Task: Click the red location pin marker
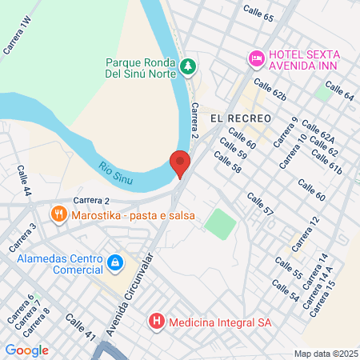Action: coord(181,164)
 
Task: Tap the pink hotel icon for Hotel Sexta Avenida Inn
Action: coord(256,58)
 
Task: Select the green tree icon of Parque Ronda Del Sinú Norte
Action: coord(188,66)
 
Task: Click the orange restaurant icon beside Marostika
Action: coord(58,214)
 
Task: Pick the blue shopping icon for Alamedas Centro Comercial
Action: coord(115,262)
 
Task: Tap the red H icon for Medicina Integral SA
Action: coord(157,322)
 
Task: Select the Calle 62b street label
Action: coord(269,90)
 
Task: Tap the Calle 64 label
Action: coord(338,93)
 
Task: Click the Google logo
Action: coord(26,350)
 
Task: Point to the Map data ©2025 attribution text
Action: coord(324,354)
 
